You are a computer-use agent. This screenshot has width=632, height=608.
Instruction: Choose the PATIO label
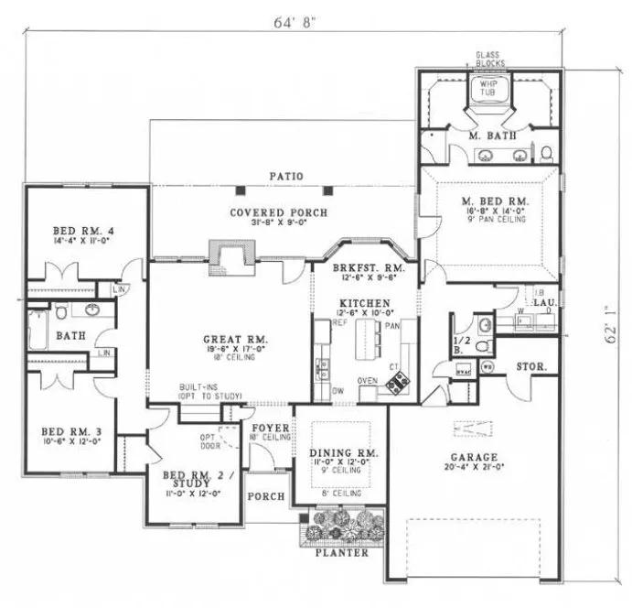[x=286, y=176]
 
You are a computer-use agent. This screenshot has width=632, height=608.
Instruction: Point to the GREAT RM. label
[x=229, y=339]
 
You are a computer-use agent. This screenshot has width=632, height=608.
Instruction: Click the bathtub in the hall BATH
[x=37, y=330]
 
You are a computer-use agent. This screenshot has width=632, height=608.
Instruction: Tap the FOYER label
[x=272, y=428]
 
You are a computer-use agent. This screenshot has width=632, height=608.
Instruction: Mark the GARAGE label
[x=474, y=457]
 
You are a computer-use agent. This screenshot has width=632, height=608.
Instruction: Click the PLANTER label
[x=342, y=552]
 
